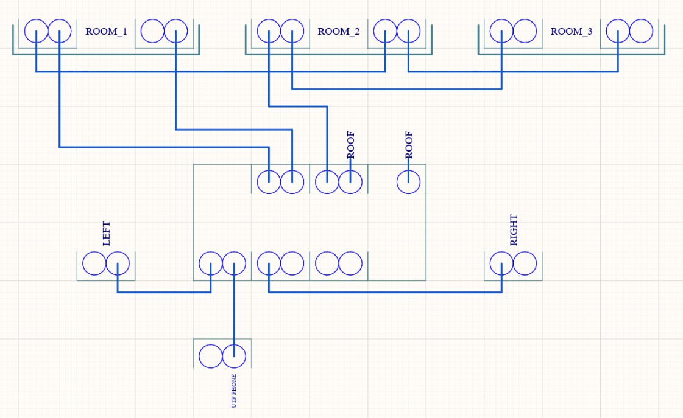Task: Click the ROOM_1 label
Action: [x=106, y=32]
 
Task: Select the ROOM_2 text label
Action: [x=339, y=32]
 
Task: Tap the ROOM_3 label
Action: [x=572, y=32]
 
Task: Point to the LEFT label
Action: [x=107, y=234]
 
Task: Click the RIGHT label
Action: [x=514, y=230]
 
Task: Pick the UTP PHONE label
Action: [x=234, y=391]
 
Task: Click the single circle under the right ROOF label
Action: [x=409, y=182]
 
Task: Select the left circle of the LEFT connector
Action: [x=94, y=264]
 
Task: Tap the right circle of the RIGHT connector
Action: [x=525, y=264]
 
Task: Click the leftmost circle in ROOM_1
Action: [x=37, y=31]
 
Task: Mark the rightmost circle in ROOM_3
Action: [x=641, y=31]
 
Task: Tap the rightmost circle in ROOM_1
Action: [x=176, y=31]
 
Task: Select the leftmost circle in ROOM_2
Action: [x=269, y=31]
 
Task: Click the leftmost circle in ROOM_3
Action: [x=502, y=31]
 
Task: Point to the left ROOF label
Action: [x=351, y=145]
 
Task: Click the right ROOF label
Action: [x=409, y=145]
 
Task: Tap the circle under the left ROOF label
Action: [x=350, y=182]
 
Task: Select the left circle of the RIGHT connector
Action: [x=502, y=264]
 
